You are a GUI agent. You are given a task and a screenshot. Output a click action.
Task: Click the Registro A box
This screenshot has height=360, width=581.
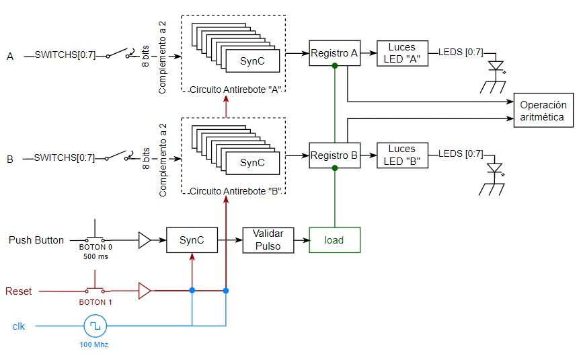[334, 52]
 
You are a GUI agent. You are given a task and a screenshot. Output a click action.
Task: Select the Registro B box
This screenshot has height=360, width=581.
[334, 155]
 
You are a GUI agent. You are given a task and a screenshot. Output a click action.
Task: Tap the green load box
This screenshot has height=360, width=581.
[334, 240]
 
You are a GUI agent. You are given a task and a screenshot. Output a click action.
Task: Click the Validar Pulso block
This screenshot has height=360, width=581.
[268, 240]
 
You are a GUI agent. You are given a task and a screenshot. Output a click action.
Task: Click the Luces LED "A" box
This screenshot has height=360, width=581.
[401, 52]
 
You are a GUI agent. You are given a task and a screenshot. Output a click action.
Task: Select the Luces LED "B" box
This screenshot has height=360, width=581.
[401, 155]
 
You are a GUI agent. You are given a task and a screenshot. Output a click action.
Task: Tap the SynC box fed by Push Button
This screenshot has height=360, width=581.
[192, 240]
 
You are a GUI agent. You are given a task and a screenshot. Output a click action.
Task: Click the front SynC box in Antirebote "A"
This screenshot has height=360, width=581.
[252, 61]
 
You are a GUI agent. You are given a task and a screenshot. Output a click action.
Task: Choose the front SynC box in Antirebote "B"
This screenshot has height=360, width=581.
[252, 162]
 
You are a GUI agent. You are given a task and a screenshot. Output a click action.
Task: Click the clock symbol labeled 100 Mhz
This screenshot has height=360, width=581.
[95, 326]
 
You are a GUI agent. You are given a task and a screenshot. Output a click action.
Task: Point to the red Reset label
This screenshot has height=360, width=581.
[19, 291]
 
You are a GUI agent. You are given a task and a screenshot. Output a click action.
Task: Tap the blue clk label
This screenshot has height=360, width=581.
[20, 326]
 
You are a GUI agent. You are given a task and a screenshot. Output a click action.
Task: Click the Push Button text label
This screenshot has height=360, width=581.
[36, 240]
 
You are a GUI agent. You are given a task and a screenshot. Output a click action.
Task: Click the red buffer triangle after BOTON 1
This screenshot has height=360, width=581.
[145, 291]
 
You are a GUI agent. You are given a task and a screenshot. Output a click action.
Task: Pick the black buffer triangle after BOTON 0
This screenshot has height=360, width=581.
[145, 240]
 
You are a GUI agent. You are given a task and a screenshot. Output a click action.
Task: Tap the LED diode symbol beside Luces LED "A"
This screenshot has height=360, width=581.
[497, 67]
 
